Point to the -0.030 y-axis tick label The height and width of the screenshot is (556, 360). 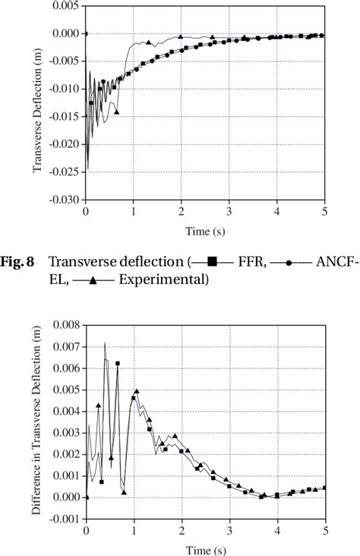pos(64,200)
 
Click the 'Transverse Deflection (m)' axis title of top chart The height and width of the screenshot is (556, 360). pos(36,104)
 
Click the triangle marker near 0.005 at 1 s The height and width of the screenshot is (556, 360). pos(137,392)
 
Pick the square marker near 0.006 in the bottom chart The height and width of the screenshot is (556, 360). pos(118,364)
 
